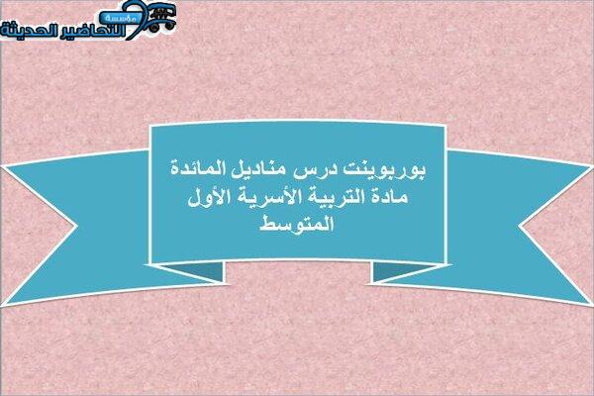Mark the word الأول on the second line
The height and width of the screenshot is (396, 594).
tap(205, 196)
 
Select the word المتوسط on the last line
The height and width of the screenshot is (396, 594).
tap(297, 223)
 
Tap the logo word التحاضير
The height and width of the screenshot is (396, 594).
tap(94, 31)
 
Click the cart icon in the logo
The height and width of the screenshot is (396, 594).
tap(161, 18)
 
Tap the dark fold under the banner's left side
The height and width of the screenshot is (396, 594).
tap(197, 270)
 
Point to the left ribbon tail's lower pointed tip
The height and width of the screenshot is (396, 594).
tap(3, 305)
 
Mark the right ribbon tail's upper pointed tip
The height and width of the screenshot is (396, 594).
tap(591, 166)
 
